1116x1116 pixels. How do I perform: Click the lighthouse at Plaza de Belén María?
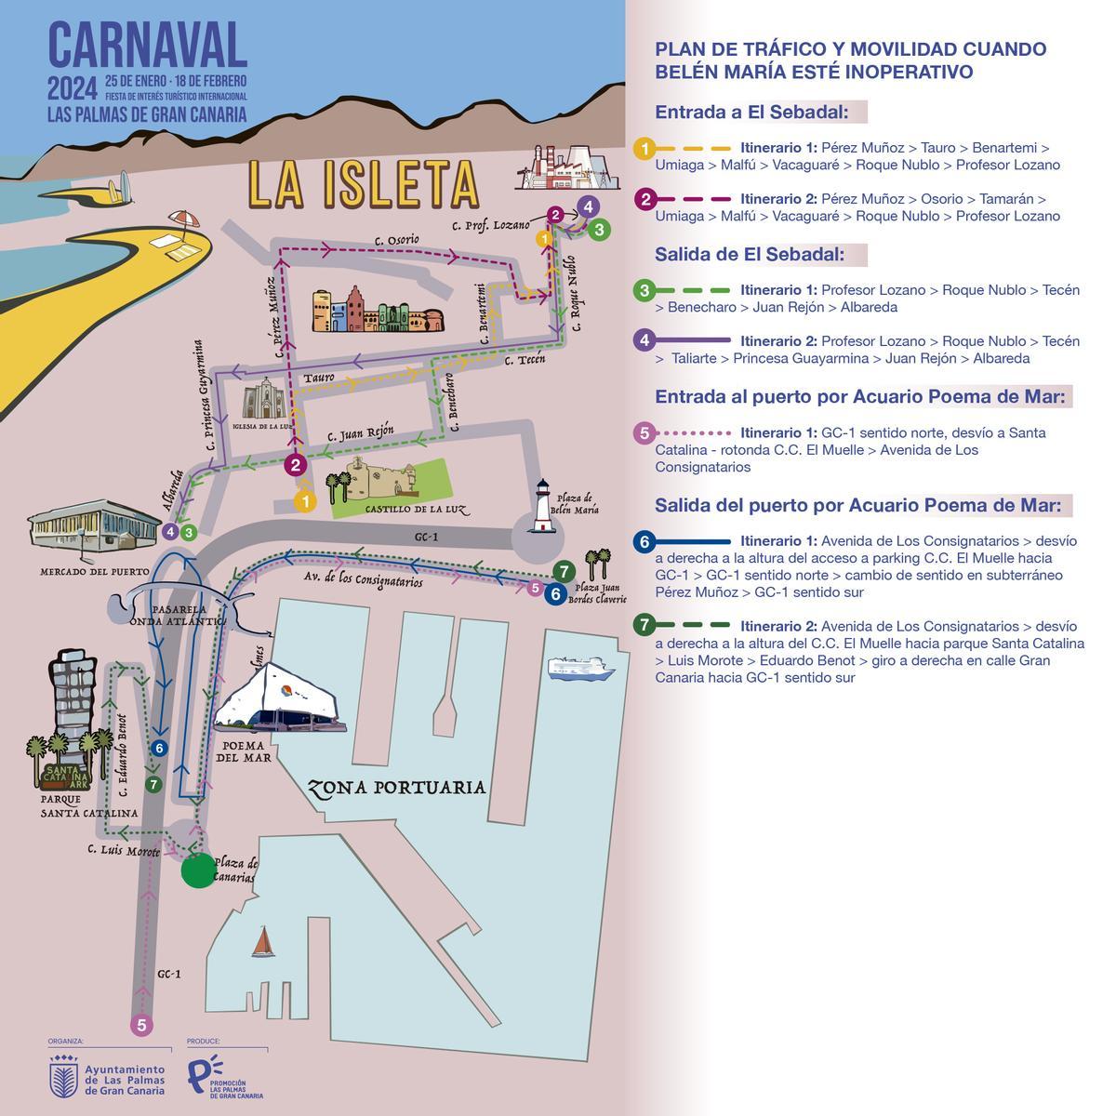coord(542,508)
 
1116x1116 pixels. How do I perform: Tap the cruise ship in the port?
coord(581,669)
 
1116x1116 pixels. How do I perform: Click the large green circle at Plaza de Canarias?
coord(198,871)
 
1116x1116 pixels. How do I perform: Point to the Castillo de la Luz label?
coord(403,510)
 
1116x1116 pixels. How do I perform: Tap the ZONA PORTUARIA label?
coord(397,788)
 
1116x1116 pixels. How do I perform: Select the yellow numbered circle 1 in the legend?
coord(644,148)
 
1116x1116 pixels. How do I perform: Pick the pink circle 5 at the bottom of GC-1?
coord(141,1025)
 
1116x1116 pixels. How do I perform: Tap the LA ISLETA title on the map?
coord(363,184)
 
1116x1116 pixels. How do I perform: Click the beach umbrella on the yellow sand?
coord(184,221)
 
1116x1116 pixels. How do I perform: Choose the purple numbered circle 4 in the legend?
coord(644,340)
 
